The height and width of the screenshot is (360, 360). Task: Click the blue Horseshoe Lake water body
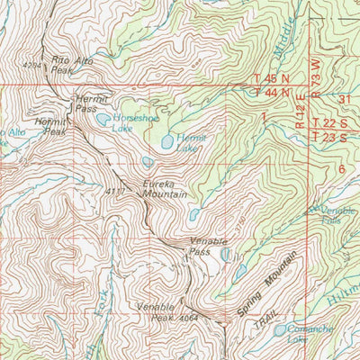(104, 119)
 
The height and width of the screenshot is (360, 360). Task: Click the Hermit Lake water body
(167, 141)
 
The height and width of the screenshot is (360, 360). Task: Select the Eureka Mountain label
(165, 187)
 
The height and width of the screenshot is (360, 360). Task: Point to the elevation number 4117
(113, 191)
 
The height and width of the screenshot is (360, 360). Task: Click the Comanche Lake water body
(281, 330)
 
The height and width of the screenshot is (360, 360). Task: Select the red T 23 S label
(330, 136)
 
